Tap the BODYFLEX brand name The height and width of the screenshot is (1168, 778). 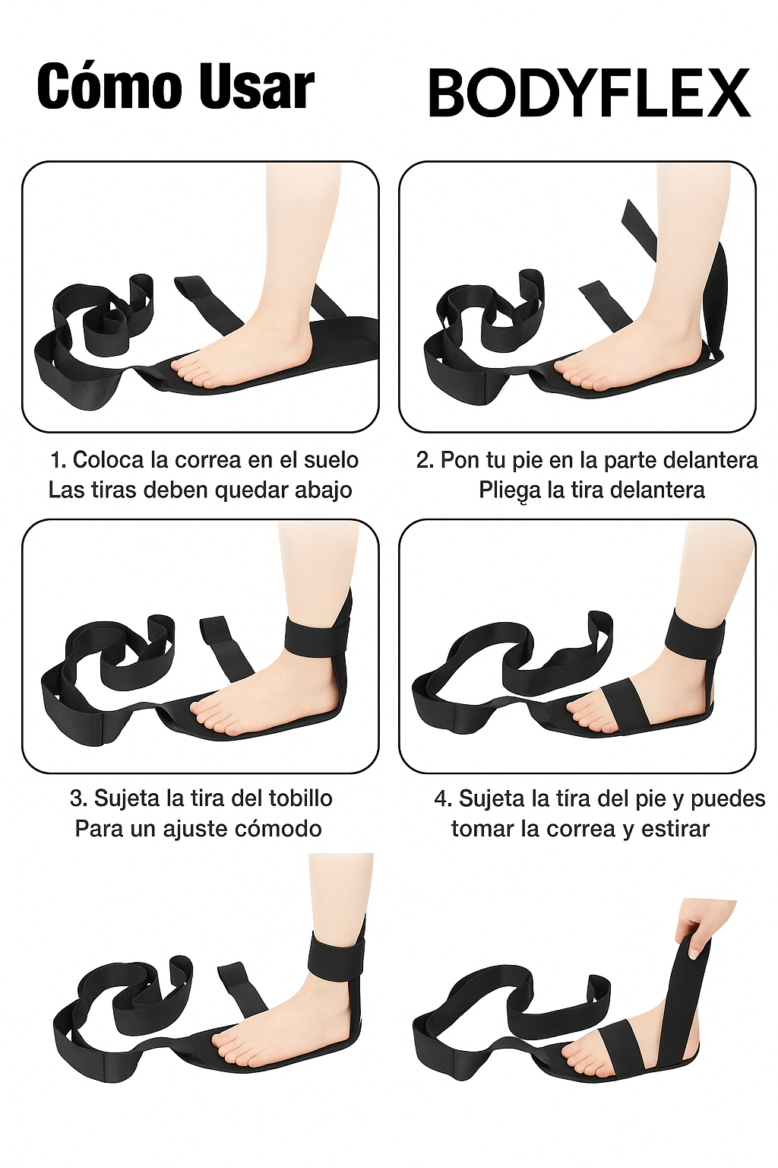[590, 94]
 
